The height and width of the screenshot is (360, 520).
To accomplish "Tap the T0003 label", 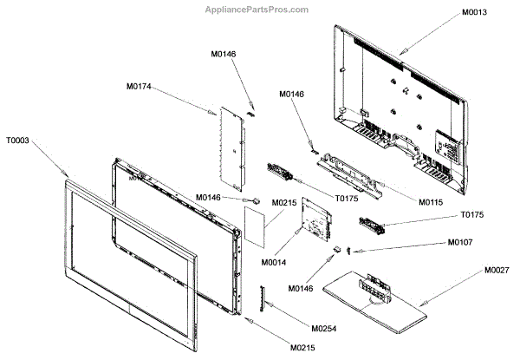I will click(19, 139).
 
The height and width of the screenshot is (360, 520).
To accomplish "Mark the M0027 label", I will click(497, 271).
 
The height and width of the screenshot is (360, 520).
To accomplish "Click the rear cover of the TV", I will click(403, 104).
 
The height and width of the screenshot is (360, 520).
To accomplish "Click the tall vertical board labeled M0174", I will click(231, 149).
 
